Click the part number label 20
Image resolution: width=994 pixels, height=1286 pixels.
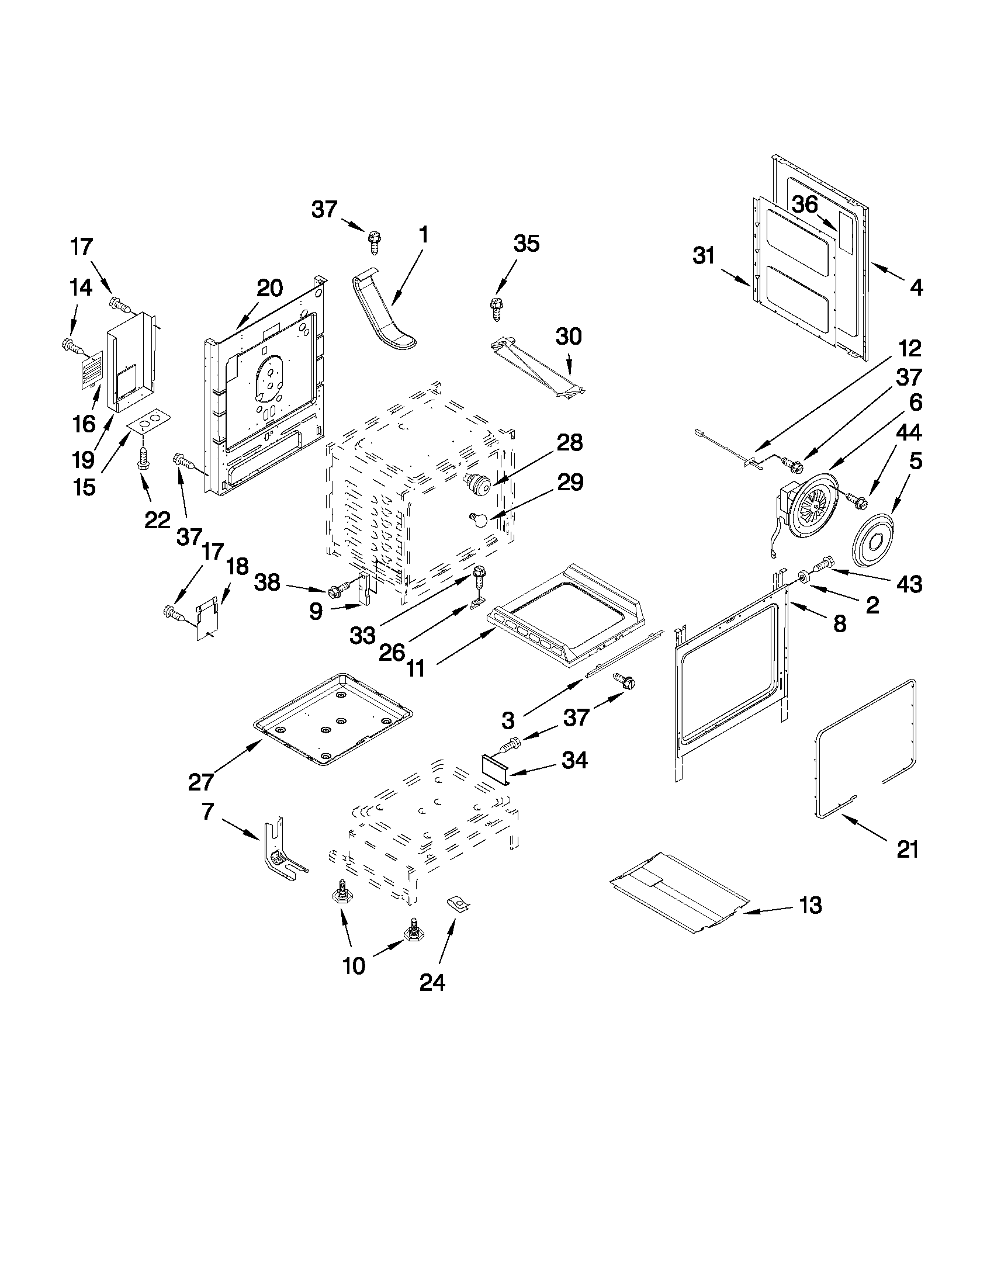click(269, 288)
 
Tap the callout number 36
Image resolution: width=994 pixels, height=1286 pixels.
click(805, 204)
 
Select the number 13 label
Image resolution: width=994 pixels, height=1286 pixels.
click(811, 905)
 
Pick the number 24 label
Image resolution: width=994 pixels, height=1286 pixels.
click(432, 982)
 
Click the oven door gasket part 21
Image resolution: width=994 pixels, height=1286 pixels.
click(865, 748)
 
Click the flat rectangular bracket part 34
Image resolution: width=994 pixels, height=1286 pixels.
click(493, 768)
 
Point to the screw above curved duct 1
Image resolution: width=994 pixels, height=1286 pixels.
click(374, 241)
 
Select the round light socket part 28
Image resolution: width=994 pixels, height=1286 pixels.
click(479, 484)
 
